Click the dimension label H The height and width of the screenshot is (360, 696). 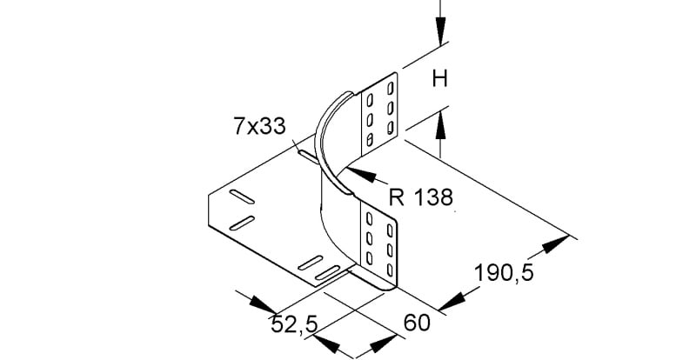point(440,80)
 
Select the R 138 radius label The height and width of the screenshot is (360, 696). point(421,197)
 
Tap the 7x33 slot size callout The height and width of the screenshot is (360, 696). point(259,126)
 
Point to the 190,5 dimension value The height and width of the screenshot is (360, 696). point(504,272)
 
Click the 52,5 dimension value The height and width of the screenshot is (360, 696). point(294,325)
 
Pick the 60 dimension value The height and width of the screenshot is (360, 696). point(417,323)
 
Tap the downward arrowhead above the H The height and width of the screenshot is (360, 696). point(440,31)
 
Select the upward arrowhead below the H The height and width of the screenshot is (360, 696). point(440,126)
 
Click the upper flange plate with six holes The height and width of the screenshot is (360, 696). point(379,114)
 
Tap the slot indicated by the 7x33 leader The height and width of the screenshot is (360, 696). point(309,157)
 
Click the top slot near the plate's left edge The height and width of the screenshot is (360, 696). point(242,197)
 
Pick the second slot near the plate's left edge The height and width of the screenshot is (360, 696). point(242,223)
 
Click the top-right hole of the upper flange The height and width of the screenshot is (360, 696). point(391,88)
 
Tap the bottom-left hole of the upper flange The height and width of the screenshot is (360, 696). point(369,140)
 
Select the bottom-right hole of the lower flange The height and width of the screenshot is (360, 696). point(390,270)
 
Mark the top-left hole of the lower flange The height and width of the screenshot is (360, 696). point(369,219)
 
